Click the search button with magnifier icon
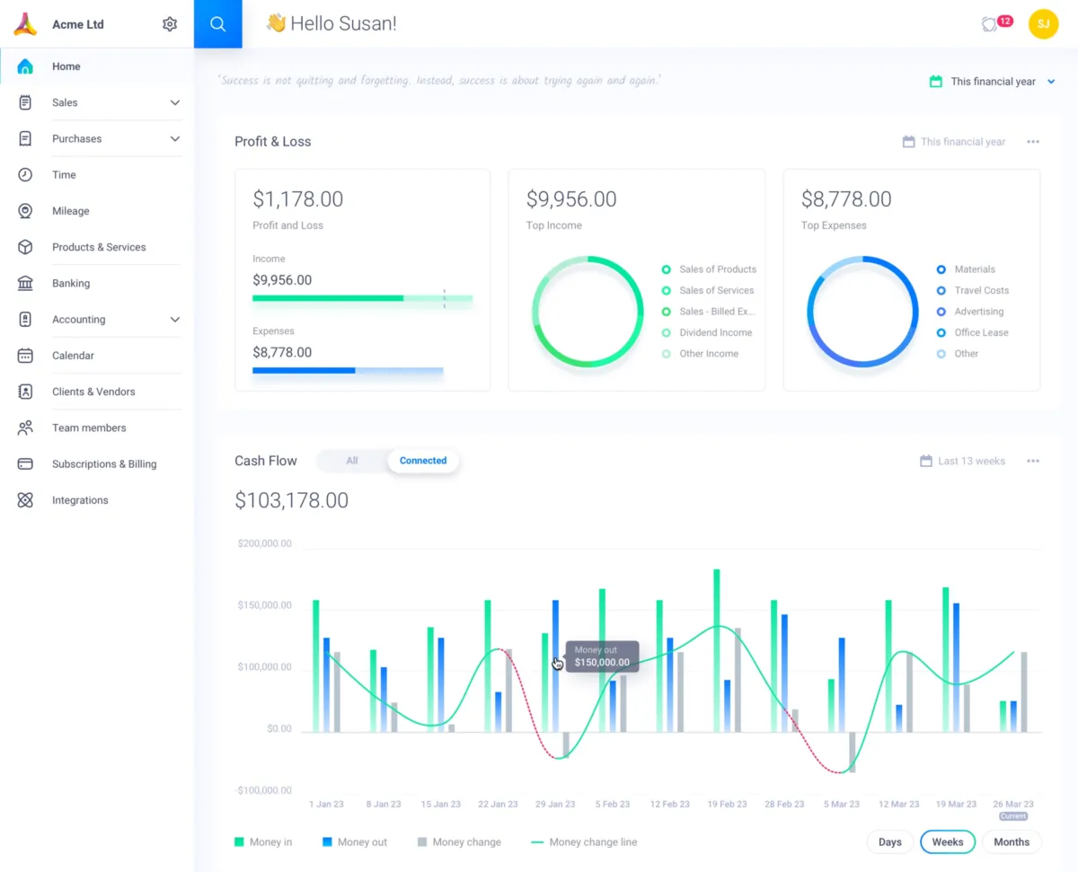[x=217, y=24]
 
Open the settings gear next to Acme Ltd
[x=170, y=24]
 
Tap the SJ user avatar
[x=1043, y=24]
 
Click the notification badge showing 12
[x=1003, y=21]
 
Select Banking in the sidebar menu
[x=71, y=283]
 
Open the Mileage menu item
[x=70, y=211]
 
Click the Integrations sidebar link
[x=80, y=500]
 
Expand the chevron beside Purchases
[x=175, y=139]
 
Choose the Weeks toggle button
[x=947, y=841]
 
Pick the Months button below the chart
[x=1012, y=841]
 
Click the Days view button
[x=889, y=841]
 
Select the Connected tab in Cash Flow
[x=422, y=461]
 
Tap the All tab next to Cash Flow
[x=352, y=461]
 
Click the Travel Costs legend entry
[x=981, y=290]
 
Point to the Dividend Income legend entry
[x=715, y=332]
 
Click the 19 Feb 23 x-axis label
[x=727, y=804]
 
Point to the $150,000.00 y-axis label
[x=264, y=605]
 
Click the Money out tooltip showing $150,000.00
[x=602, y=656]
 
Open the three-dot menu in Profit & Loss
[x=1033, y=142]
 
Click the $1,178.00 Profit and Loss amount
[x=297, y=199]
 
